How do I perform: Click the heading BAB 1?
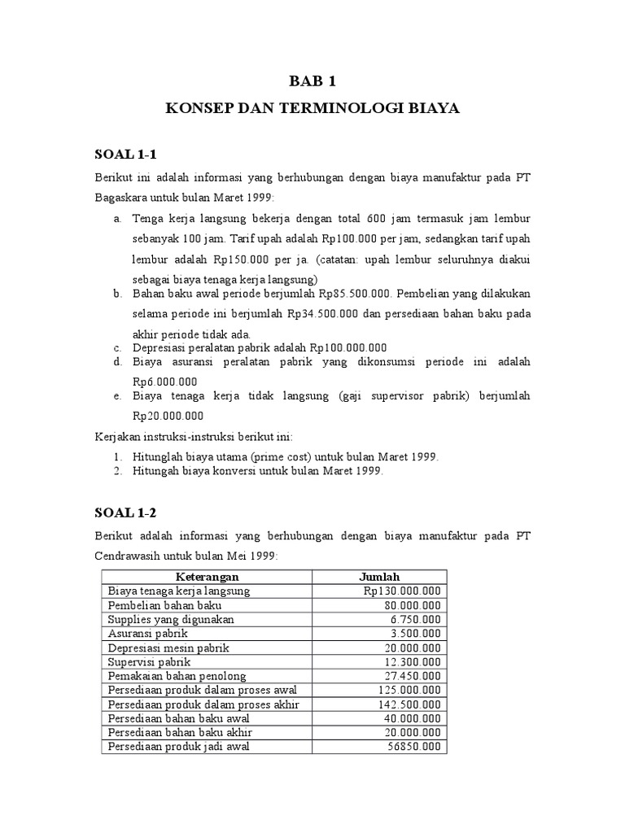(x=312, y=81)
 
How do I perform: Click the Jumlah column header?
(x=380, y=577)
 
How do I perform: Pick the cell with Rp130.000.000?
(x=402, y=591)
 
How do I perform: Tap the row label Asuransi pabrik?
(x=143, y=633)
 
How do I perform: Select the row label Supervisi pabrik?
(x=144, y=661)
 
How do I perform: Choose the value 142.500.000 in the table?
(x=410, y=704)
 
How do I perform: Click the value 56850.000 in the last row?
(x=415, y=746)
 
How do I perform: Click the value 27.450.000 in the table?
(x=413, y=676)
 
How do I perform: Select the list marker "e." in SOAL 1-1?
(x=118, y=396)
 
